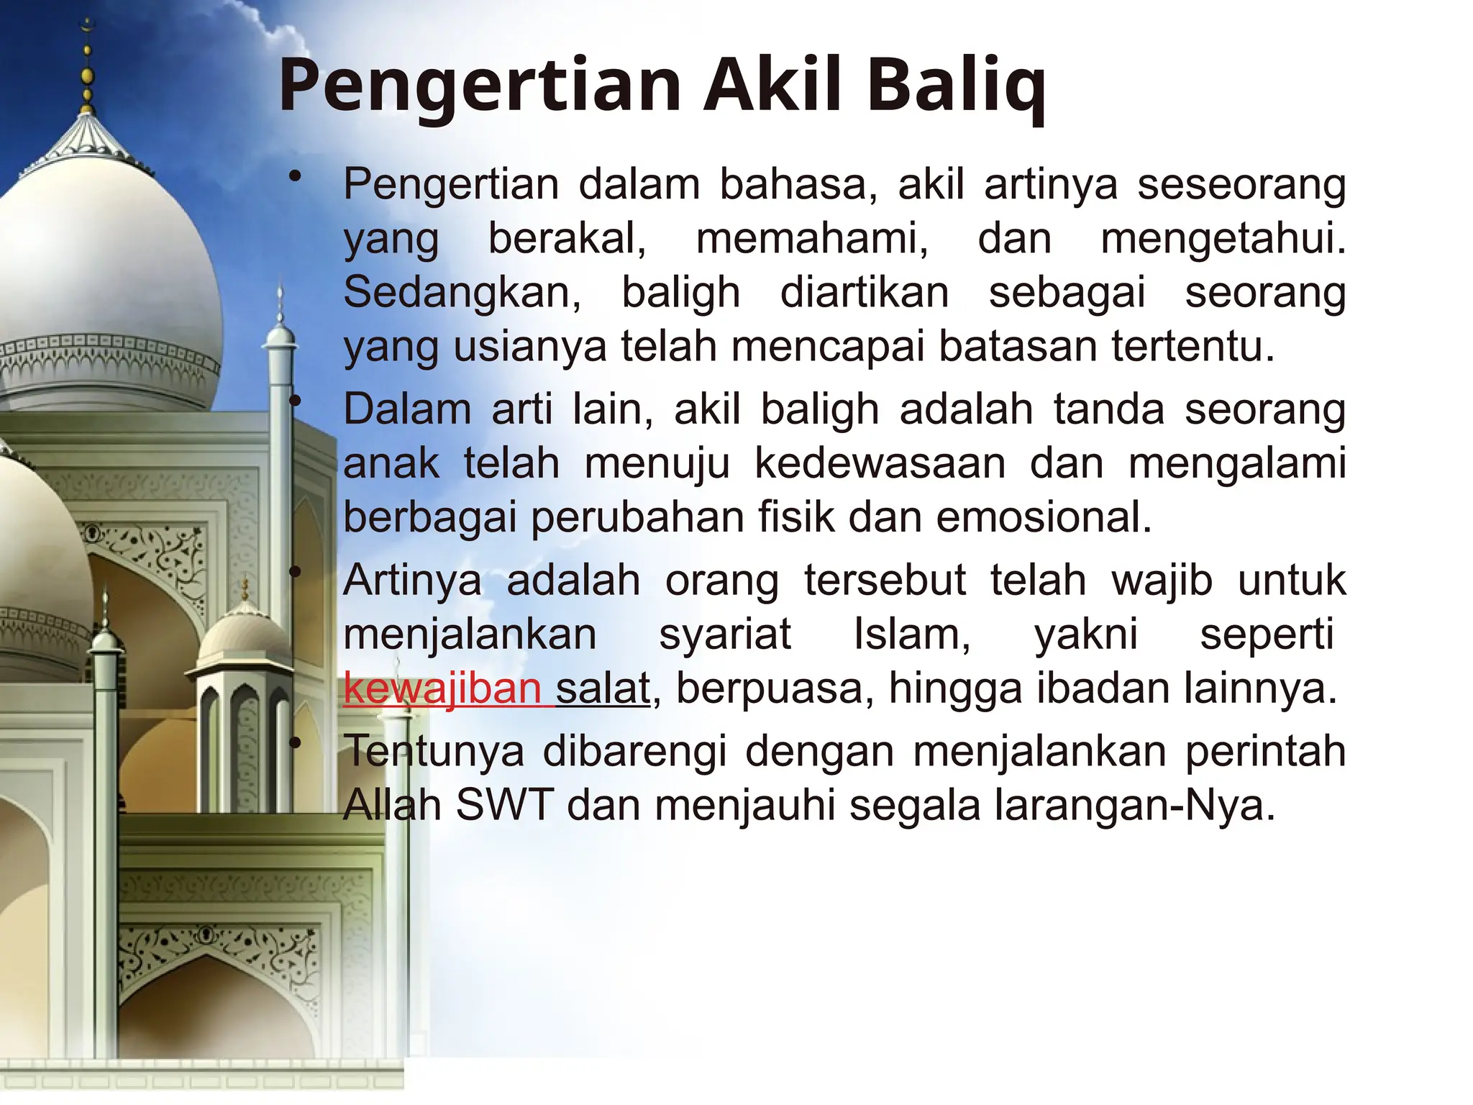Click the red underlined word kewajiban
point(442,688)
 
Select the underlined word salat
point(603,688)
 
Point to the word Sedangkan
point(462,293)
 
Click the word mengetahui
point(1223,239)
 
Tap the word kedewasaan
point(880,463)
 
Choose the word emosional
point(1044,517)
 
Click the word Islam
point(911,635)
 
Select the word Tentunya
point(434,752)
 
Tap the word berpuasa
point(775,688)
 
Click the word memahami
point(812,239)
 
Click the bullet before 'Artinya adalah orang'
point(294,573)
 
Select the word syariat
point(725,635)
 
